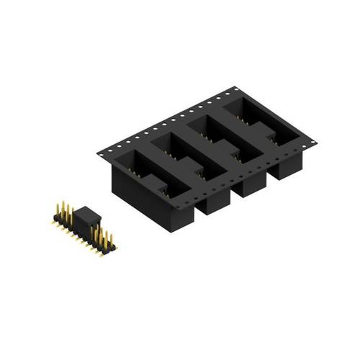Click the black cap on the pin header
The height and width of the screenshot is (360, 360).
(87, 215)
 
